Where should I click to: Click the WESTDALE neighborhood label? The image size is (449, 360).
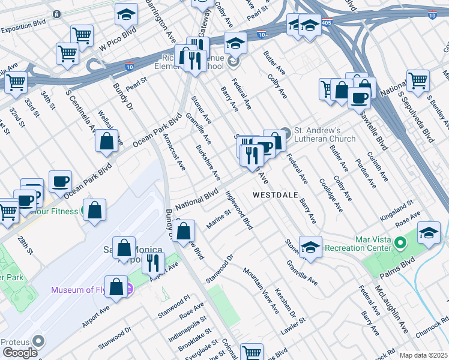click(x=273, y=195)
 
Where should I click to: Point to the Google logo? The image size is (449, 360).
click(x=19, y=353)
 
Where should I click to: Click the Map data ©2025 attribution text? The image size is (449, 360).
click(x=423, y=355)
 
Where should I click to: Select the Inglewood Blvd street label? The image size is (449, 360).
click(x=238, y=210)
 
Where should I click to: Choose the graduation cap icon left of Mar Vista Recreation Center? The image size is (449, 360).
click(x=311, y=247)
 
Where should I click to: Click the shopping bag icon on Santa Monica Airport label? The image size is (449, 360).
click(x=124, y=247)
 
